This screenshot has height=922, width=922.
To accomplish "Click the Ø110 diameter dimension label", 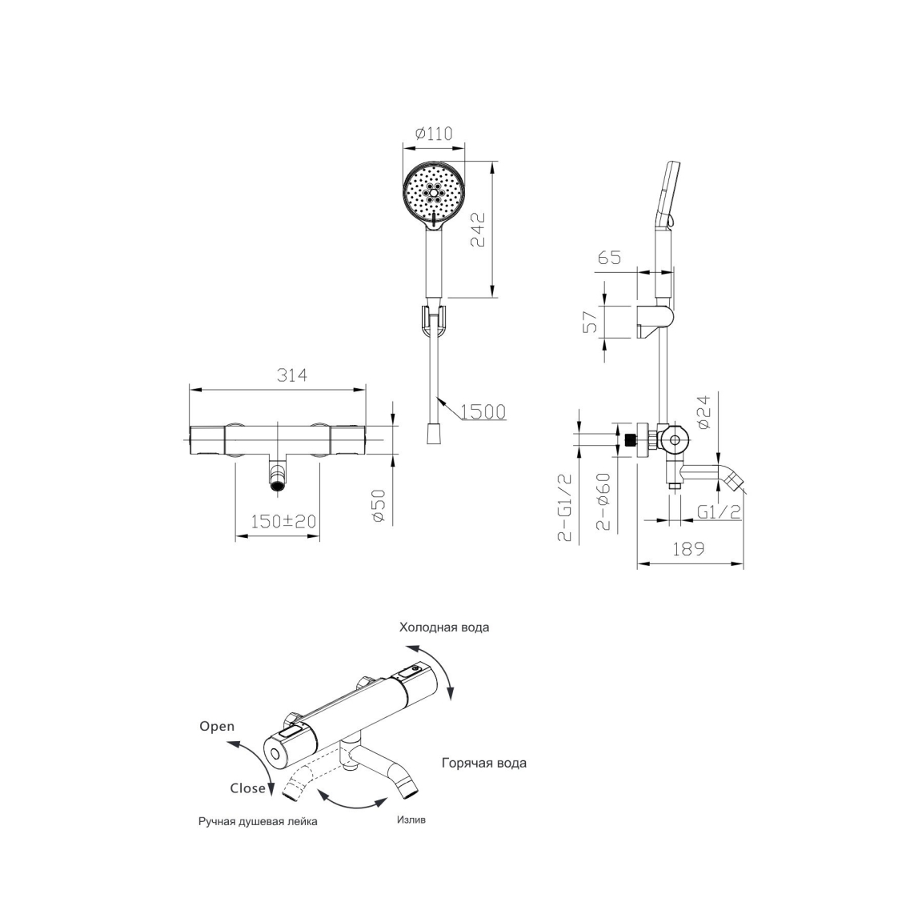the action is coord(434,134).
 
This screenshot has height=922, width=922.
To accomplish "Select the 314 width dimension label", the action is coord(292,375).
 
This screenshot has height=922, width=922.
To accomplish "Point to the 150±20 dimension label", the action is coord(283,521).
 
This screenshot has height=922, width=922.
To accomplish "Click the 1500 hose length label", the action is coord(483,411).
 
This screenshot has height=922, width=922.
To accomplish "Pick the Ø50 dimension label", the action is coord(378,506).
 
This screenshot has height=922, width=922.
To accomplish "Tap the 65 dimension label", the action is coord(609,258).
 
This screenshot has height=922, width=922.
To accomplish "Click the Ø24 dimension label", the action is coord(704,411).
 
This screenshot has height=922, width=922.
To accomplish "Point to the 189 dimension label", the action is coord(688,548).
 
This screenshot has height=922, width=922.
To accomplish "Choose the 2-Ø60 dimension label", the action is coord(603,502).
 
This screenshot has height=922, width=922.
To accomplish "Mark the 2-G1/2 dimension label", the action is coord(565,507).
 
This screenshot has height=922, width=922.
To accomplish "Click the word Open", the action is coord(217,727).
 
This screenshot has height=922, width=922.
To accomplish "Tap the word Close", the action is coord(247,788).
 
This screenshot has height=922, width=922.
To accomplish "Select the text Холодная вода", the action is coord(444,627).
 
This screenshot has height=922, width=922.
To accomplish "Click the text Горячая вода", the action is coord(484,764).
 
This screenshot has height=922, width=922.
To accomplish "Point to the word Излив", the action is coord(411,820).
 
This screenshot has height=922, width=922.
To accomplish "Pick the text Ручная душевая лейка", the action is coord(258,821).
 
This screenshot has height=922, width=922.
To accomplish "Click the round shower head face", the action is coord(434,192).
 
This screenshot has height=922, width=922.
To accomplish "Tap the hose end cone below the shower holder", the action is coord(434,435).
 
